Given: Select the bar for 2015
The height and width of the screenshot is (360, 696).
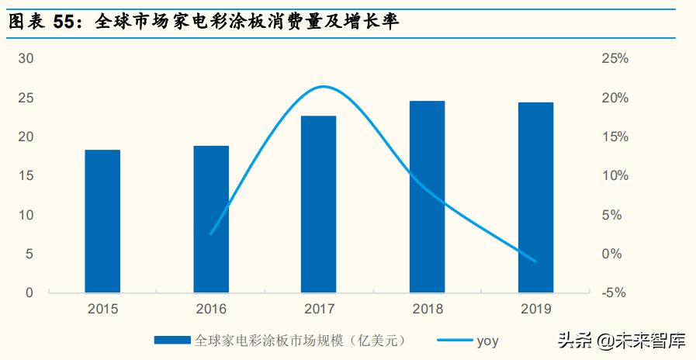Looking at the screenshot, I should (102, 221).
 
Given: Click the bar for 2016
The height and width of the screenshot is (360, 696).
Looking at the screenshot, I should (211, 219).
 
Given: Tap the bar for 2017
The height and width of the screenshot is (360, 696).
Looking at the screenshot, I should (319, 204).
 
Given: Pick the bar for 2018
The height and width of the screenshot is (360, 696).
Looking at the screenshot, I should (428, 197).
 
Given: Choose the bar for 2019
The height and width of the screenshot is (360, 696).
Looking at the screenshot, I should (535, 198).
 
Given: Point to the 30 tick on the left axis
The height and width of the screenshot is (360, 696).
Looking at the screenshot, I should (27, 59).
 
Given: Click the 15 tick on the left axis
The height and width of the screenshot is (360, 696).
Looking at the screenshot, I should (27, 176).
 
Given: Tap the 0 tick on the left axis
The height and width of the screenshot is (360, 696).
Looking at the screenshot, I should (30, 292).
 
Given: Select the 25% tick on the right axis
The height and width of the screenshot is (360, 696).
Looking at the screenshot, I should (615, 59).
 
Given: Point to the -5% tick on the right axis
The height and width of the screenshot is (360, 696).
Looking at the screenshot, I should (614, 292).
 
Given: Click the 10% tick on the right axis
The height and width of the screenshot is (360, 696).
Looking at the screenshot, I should (615, 176).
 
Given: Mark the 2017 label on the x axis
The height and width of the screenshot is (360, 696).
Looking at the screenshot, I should (319, 309).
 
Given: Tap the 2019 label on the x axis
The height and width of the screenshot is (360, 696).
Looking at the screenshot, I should (535, 309).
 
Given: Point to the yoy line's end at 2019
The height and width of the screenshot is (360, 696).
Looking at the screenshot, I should (535, 261).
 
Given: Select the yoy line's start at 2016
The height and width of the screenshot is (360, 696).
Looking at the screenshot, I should (211, 234).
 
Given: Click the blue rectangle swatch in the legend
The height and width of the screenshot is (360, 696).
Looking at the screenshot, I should (172, 340).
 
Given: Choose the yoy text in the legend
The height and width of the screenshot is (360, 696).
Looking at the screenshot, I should (487, 340).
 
